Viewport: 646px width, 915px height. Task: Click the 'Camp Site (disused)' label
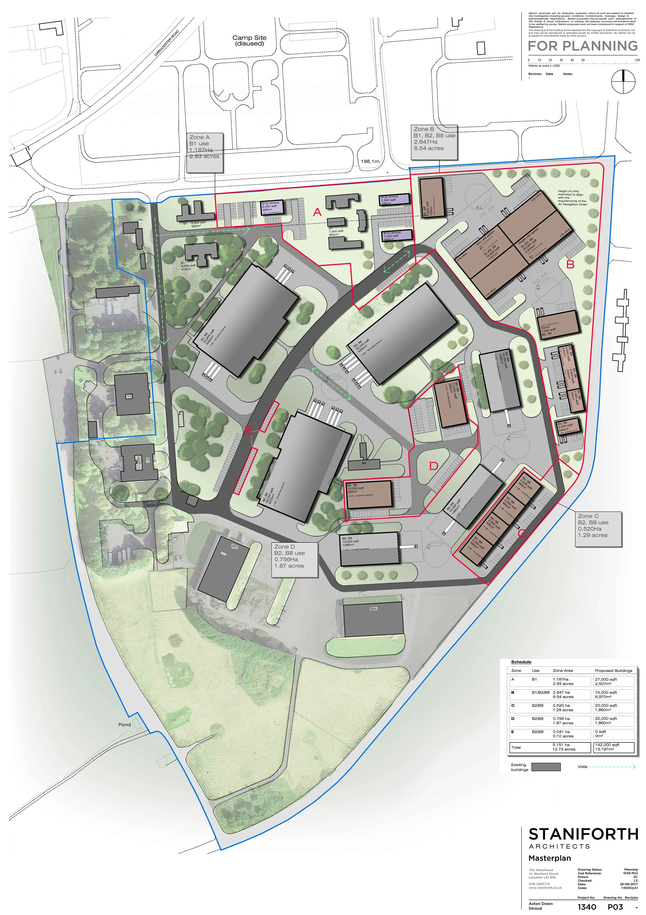point(249,41)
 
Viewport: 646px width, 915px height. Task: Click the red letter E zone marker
point(248,430)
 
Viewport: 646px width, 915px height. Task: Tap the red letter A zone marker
point(317,213)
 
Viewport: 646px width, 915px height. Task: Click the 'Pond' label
point(124,724)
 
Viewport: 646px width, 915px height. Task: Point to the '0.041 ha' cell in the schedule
point(561,732)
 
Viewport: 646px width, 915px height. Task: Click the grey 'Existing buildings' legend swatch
point(546,767)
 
